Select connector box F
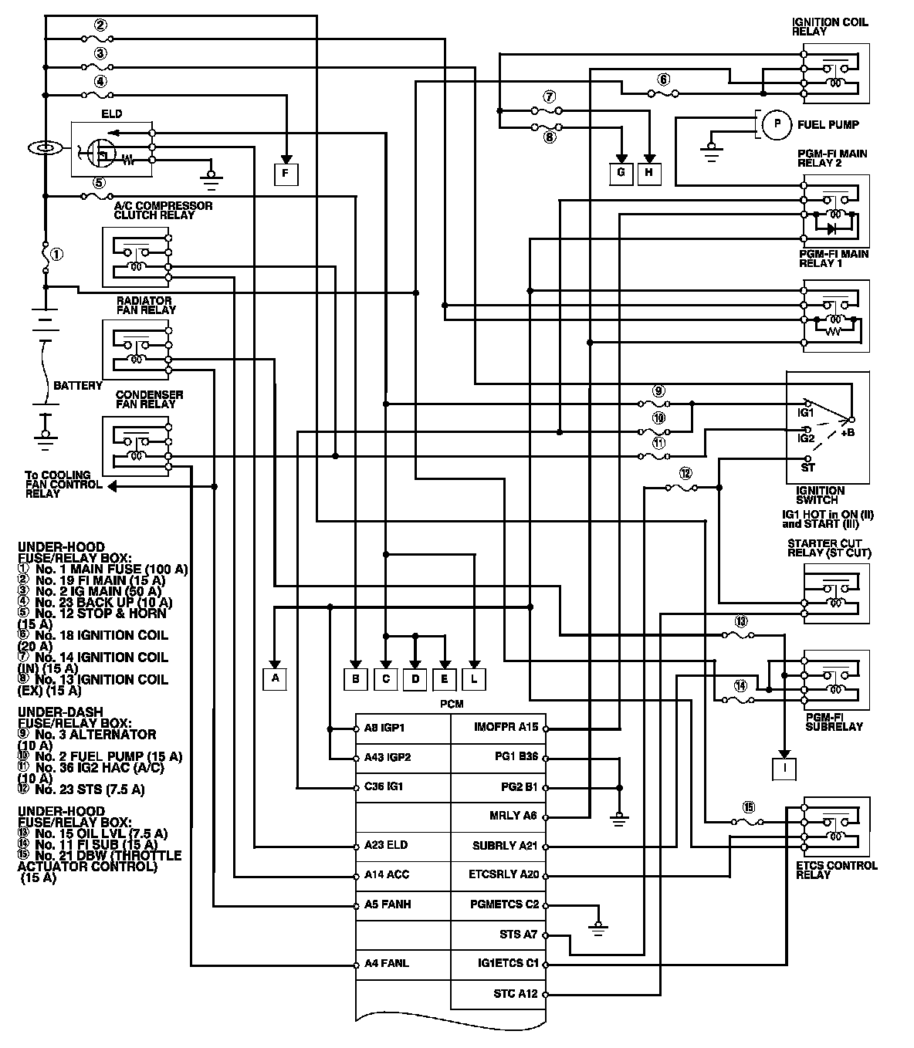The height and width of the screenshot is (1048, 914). click(x=286, y=174)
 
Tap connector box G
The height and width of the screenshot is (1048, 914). click(x=621, y=173)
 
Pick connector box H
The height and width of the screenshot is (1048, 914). click(x=649, y=173)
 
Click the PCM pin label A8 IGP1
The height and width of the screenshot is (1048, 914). click(x=384, y=728)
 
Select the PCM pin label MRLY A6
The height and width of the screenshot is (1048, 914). click(x=513, y=816)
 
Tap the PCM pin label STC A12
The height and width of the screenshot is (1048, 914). click(x=516, y=993)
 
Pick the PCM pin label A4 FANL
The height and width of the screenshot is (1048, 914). click(x=387, y=964)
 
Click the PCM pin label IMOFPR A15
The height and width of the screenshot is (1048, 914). click(x=506, y=727)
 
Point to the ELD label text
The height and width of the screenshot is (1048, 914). click(x=112, y=114)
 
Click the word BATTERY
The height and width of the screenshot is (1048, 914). click(x=77, y=385)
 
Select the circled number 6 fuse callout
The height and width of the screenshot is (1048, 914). click(x=664, y=79)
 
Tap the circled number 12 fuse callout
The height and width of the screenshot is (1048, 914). click(x=685, y=473)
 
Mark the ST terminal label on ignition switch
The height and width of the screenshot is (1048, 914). click(x=808, y=468)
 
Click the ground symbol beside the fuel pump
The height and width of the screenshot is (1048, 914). click(x=711, y=153)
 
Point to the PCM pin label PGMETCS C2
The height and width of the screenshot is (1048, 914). click(x=505, y=904)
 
